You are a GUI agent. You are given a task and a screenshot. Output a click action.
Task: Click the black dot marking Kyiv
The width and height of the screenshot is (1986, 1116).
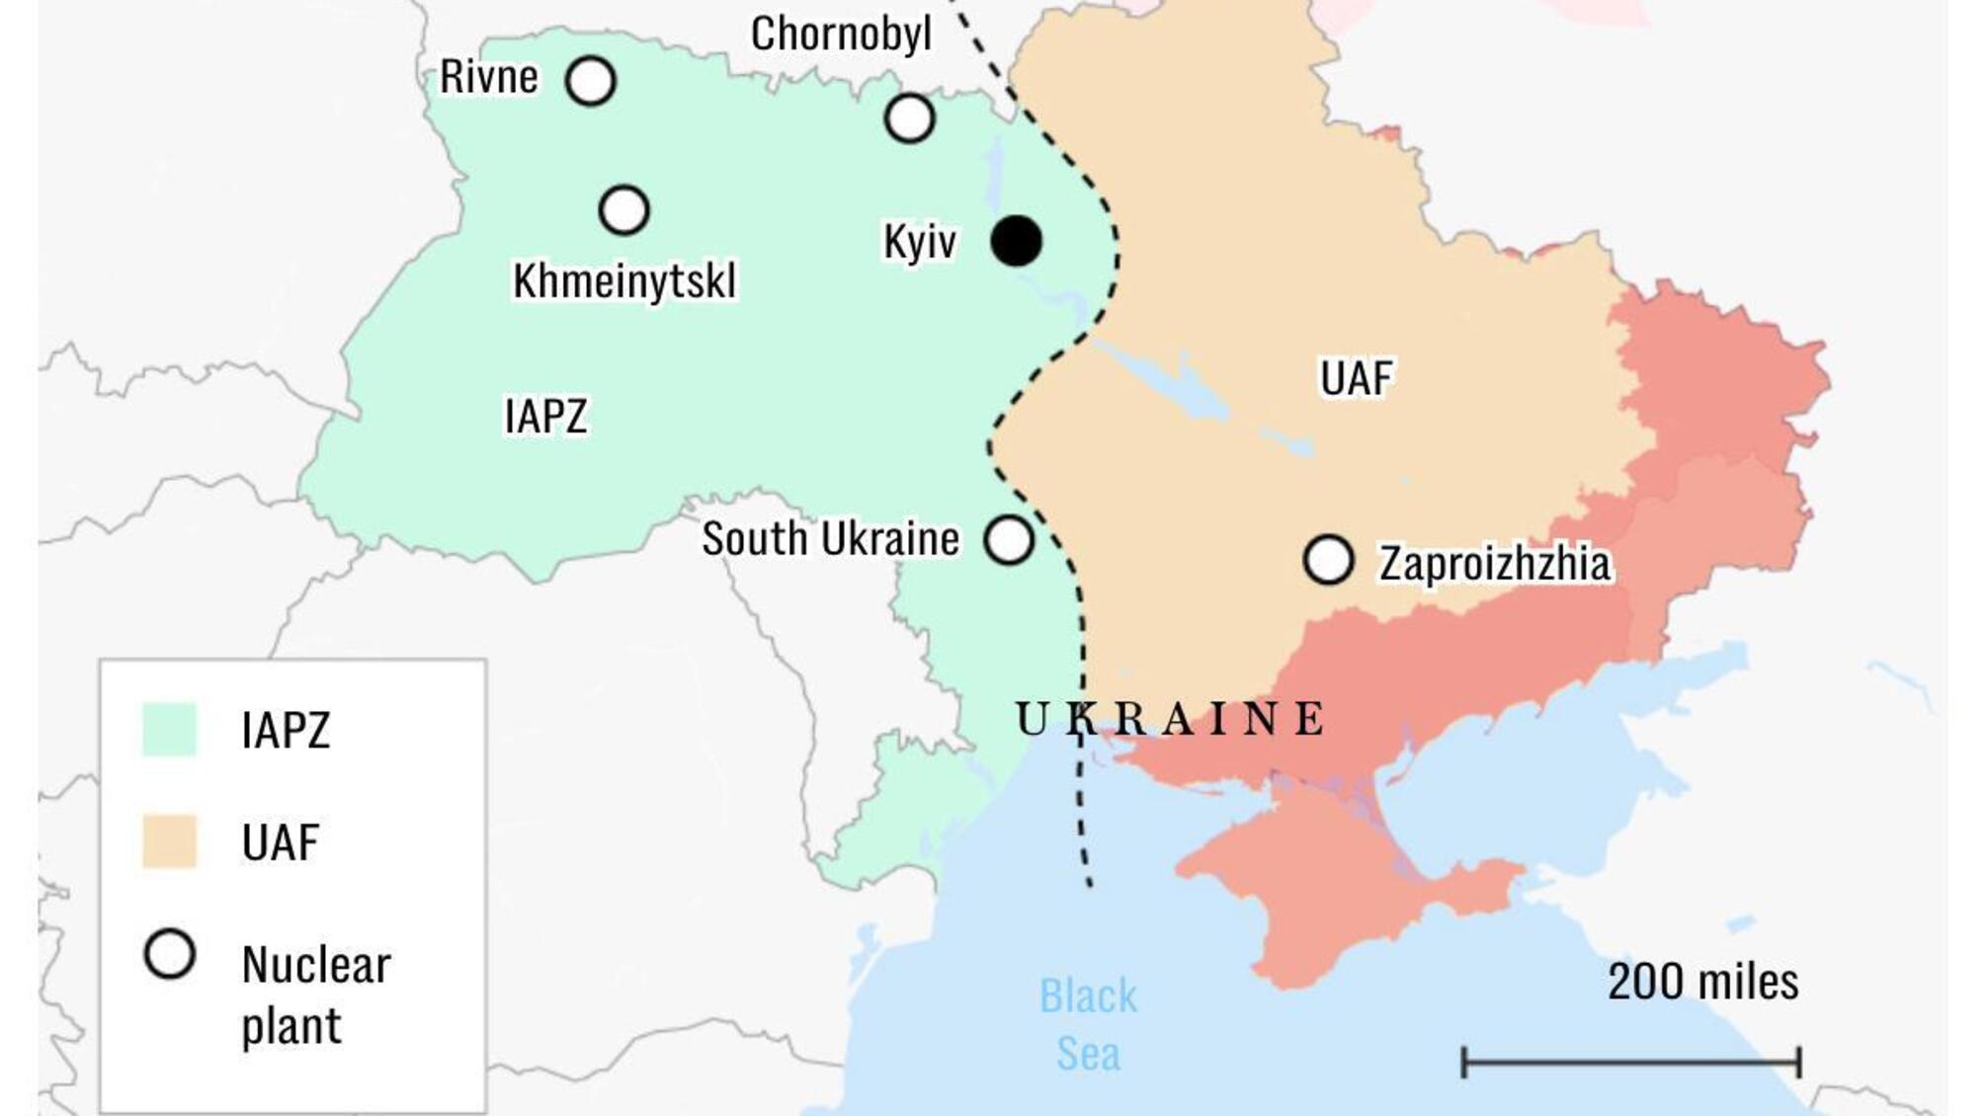click(x=1016, y=241)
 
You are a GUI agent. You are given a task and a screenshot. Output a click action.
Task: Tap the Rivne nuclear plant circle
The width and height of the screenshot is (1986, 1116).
click(x=591, y=81)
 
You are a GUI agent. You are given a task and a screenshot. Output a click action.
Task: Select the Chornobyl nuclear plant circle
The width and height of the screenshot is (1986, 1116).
click(x=909, y=119)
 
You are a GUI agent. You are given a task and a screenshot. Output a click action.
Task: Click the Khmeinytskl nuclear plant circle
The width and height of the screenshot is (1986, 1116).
click(x=623, y=210)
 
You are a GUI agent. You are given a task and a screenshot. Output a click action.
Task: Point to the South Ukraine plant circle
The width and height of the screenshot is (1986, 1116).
click(x=1009, y=540)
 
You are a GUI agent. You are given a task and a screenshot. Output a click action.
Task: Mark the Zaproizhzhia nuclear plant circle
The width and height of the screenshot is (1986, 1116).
click(x=1328, y=560)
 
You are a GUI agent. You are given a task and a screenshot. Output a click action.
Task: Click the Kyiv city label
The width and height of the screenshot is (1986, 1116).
click(x=919, y=242)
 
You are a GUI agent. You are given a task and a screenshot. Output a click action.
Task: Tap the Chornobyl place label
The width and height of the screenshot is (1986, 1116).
click(x=841, y=34)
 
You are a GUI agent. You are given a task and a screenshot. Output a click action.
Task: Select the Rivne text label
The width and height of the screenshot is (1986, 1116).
click(x=489, y=77)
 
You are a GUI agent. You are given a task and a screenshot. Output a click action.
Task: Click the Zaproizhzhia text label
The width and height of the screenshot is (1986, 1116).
click(x=1494, y=564)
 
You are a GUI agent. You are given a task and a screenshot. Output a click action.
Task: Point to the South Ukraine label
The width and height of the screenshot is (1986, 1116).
click(x=830, y=539)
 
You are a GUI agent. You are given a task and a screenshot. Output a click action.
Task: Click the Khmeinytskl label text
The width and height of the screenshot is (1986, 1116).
click(x=624, y=281)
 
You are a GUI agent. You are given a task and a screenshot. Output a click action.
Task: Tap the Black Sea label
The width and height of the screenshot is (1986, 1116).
click(x=1088, y=1024)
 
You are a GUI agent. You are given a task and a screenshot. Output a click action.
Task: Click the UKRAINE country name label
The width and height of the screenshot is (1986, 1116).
click(x=1171, y=719)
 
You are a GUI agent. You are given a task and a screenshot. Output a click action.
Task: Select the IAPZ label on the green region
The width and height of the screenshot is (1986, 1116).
click(x=545, y=416)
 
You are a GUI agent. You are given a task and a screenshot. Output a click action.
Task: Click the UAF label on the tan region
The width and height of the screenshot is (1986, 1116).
click(x=1356, y=378)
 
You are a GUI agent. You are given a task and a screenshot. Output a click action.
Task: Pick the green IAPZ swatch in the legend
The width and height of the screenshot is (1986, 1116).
click(x=169, y=730)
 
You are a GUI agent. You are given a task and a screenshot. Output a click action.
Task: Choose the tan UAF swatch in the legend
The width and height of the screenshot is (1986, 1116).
click(x=169, y=841)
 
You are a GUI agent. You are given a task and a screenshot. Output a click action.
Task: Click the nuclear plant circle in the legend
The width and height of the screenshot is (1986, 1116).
click(x=170, y=955)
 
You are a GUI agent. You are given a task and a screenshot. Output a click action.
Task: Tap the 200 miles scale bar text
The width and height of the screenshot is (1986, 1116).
click(x=1702, y=982)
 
